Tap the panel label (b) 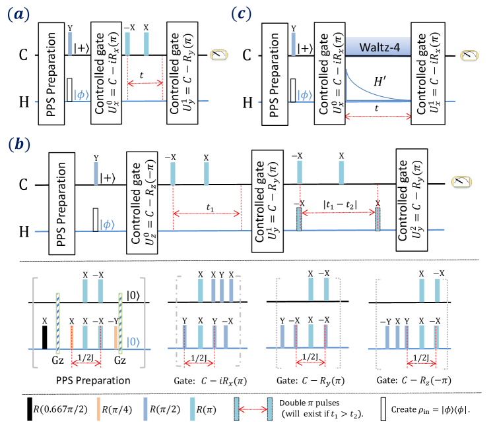[19, 145]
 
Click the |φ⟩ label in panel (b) [107, 225]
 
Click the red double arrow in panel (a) [145, 83]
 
